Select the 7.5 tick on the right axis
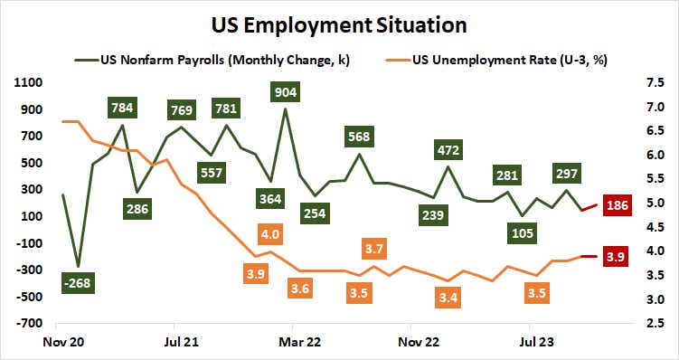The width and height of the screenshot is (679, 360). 656,82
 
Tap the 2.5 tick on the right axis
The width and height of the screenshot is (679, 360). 656,323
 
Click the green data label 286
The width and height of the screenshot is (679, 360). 138,209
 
